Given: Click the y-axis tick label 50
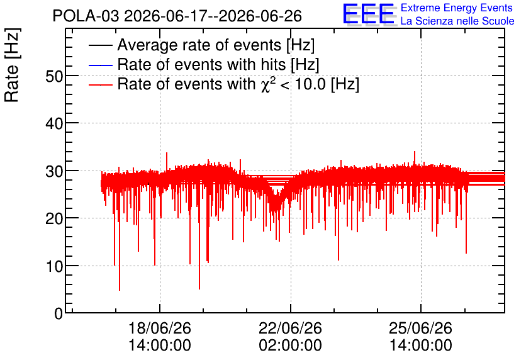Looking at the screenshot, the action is pyautogui.click(x=54, y=77).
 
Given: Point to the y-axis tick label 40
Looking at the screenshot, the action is pyautogui.click(x=54, y=124).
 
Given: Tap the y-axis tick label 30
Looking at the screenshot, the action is pyautogui.click(x=54, y=171).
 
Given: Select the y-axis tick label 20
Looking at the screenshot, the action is pyautogui.click(x=54, y=219).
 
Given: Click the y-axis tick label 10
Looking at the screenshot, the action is pyautogui.click(x=54, y=267).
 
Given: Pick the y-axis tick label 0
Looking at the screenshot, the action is pyautogui.click(x=59, y=313).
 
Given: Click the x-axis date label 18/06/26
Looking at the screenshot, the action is pyautogui.click(x=160, y=328).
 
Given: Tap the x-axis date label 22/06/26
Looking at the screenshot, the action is pyautogui.click(x=290, y=328).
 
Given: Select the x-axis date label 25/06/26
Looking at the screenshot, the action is pyautogui.click(x=421, y=328).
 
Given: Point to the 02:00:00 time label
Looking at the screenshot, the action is pyautogui.click(x=290, y=345).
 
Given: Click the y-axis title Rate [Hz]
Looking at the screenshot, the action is pyautogui.click(x=12, y=65).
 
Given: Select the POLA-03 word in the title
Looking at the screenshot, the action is pyautogui.click(x=86, y=16).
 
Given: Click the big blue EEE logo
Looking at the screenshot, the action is pyautogui.click(x=369, y=14).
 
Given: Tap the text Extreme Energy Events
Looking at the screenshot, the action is pyautogui.click(x=457, y=8).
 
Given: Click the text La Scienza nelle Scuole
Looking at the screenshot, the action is pyautogui.click(x=457, y=21).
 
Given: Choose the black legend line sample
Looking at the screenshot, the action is pyautogui.click(x=100, y=45).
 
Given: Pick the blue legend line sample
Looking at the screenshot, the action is pyautogui.click(x=100, y=65).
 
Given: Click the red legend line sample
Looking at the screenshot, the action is pyautogui.click(x=100, y=85).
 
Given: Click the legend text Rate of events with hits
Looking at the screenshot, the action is pyautogui.click(x=201, y=64).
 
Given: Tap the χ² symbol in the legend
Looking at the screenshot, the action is pyautogui.click(x=266, y=84).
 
